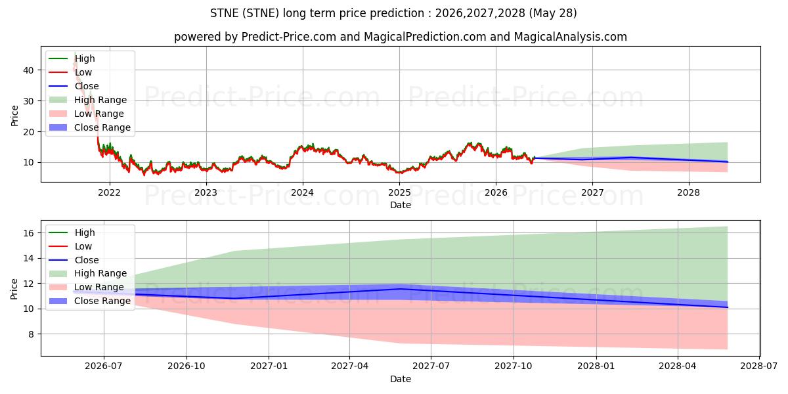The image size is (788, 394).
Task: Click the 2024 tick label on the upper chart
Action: pyautogui.click(x=303, y=193)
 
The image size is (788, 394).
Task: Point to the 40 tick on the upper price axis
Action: pyautogui.click(x=28, y=70)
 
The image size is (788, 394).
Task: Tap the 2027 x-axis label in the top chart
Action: pyautogui.click(x=592, y=193)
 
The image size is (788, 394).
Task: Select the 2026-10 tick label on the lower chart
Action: pyautogui.click(x=186, y=366)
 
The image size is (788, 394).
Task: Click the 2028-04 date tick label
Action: pyautogui.click(x=678, y=366)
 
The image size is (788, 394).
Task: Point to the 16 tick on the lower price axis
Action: pyautogui.click(x=28, y=233)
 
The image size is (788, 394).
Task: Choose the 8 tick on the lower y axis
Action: pyautogui.click(x=31, y=334)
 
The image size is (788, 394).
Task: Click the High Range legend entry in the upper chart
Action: pyautogui.click(x=88, y=100)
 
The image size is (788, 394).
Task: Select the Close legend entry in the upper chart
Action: pyautogui.click(x=74, y=86)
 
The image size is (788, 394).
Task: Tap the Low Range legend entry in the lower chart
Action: pyautogui.click(x=87, y=287)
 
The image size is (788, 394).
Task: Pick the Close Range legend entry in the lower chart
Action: pyautogui.click(x=90, y=301)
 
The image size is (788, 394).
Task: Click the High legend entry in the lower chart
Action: pyautogui.click(x=72, y=232)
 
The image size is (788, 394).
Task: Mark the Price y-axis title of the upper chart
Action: pyautogui.click(x=14, y=116)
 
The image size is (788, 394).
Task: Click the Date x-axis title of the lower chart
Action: pyautogui.click(x=401, y=379)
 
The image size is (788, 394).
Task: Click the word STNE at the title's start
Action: pyautogui.click(x=225, y=13)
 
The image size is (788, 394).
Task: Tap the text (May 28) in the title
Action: pyautogui.click(x=553, y=13)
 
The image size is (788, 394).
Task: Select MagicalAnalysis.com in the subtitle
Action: pyautogui.click(x=570, y=37)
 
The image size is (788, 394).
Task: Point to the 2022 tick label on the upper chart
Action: pyautogui.click(x=110, y=193)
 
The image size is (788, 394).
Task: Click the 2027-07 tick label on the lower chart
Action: pyautogui.click(x=431, y=366)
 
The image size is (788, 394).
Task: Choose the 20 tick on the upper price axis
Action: pyautogui.click(x=28, y=132)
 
